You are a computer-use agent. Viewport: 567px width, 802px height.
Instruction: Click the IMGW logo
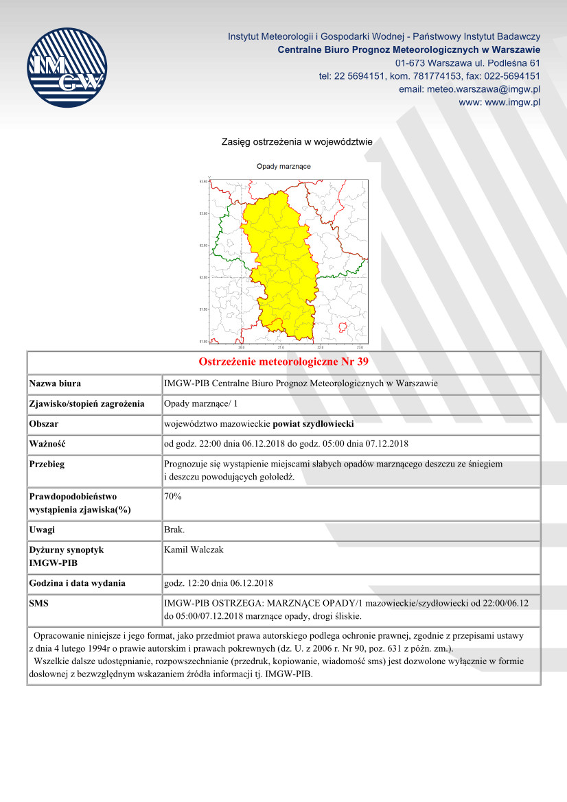[x=67, y=67]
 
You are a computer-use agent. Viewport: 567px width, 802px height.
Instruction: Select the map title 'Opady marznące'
[x=283, y=167]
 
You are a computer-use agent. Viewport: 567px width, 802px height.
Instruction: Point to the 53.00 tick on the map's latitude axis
[x=203, y=213]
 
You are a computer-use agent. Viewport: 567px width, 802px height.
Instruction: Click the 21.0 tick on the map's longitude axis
[x=281, y=347]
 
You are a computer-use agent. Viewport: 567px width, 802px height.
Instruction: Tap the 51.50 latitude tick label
[x=203, y=309]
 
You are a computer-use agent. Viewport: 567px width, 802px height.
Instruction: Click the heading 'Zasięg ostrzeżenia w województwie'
[x=297, y=142]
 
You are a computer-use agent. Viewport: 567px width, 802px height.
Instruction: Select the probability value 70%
[x=173, y=495]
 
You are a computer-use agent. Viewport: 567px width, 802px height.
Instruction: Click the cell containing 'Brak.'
[x=174, y=530]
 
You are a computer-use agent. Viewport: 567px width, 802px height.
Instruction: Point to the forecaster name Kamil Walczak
[x=194, y=550]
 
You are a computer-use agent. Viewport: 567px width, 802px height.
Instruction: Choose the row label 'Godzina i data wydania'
[x=77, y=583]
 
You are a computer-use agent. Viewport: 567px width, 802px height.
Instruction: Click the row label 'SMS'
[x=39, y=602]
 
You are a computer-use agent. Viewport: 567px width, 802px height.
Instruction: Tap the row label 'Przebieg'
[x=47, y=464]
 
